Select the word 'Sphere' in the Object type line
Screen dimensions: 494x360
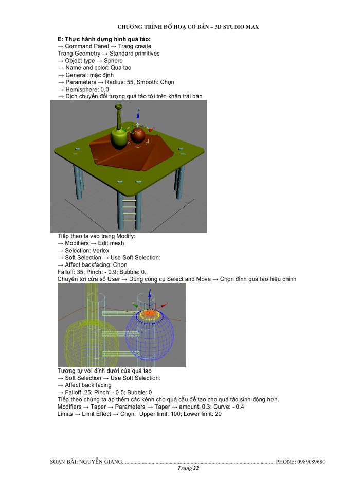pyautogui.click(x=113, y=61)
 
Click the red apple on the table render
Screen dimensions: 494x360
pyautogui.click(x=138, y=135)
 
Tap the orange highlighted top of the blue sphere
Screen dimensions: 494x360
pyautogui.click(x=150, y=313)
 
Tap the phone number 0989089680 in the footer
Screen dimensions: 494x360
pyautogui.click(x=308, y=462)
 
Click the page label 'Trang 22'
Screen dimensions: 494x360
pyautogui.click(x=188, y=469)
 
